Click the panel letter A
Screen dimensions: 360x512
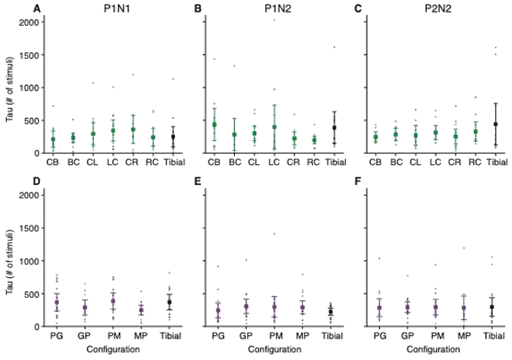pyautogui.click(x=35, y=9)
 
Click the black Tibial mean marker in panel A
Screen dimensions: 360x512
pyautogui.click(x=174, y=136)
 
